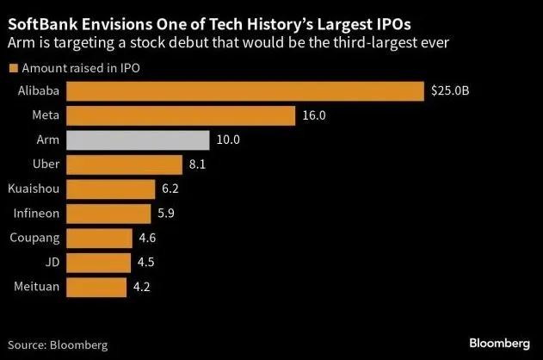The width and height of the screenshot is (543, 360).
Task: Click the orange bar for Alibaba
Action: (245, 90)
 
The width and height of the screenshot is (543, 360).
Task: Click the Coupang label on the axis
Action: (34, 238)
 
